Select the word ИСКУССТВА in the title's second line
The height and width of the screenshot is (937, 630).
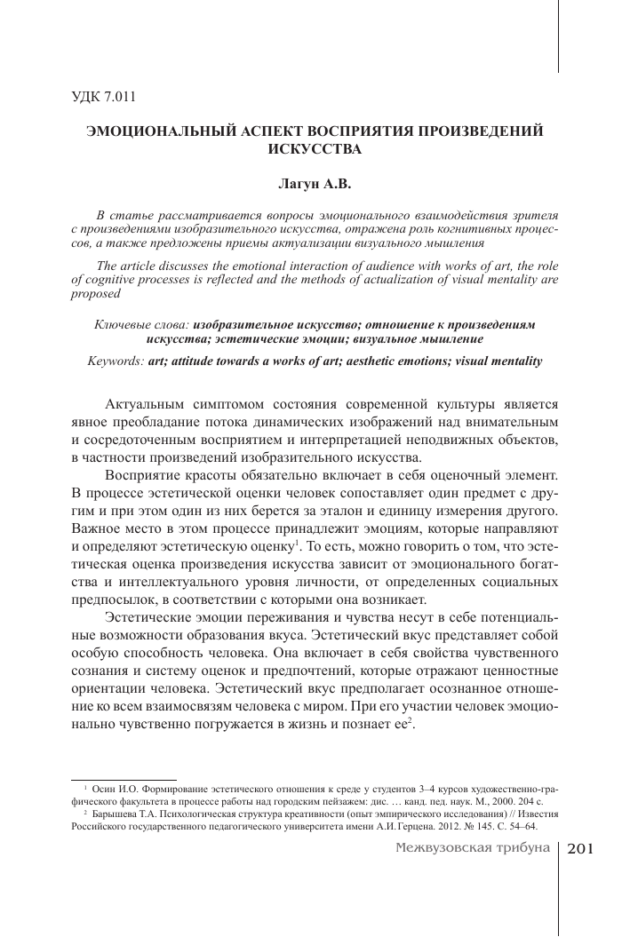click(315, 148)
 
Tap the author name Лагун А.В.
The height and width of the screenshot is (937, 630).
click(315, 187)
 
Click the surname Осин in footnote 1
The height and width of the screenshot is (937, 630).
click(105, 788)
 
